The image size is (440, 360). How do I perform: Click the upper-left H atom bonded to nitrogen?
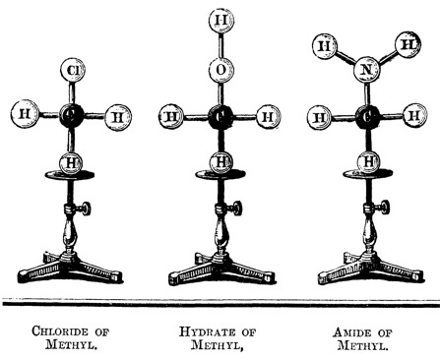coord(322,43)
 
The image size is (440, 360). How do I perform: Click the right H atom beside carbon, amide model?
coord(413,118)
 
